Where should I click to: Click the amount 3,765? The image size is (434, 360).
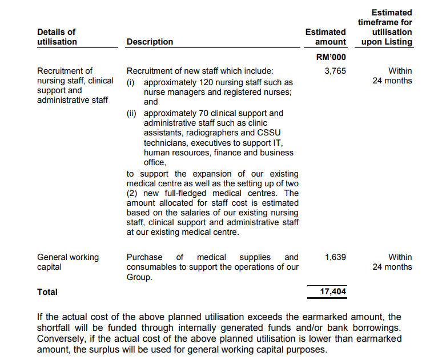point(335,71)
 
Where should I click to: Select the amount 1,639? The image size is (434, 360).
point(335,257)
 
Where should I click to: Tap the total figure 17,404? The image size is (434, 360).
point(333,291)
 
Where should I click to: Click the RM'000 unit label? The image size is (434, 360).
point(331,57)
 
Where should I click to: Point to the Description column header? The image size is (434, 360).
point(150,42)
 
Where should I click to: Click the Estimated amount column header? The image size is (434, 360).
point(325,37)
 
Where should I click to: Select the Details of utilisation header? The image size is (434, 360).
point(57,37)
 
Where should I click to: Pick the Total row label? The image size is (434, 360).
point(47,291)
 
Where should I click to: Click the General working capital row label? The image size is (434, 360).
point(68,262)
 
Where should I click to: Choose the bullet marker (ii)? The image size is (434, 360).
point(131,113)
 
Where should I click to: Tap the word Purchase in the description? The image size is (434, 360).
point(144,257)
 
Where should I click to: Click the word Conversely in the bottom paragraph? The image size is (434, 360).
point(62,339)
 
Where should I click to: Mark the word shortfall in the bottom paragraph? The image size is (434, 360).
point(57,328)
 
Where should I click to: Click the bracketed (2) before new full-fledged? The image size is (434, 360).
point(133,193)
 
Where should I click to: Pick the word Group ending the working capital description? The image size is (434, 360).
point(139,277)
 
